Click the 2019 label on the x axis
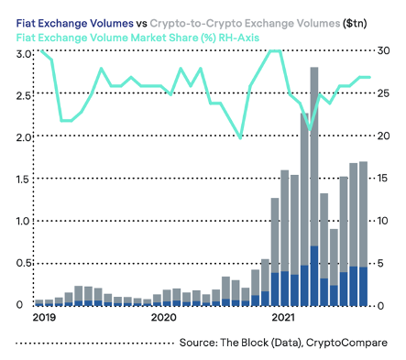tap(44, 317)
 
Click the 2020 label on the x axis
tap(163, 317)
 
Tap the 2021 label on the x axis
tap(283, 317)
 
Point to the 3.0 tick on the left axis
tap(24, 54)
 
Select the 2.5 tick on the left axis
tap(24, 95)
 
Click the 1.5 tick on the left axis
tap(24, 179)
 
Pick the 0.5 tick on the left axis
tap(24, 263)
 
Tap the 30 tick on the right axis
tap(383, 50)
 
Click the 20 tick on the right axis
tap(383, 136)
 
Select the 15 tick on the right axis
tap(383, 178)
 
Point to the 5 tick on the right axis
tap(380, 263)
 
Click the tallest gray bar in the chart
tap(314, 157)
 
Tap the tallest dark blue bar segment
tap(314, 276)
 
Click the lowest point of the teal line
tap(310, 129)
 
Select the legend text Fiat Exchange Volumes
tap(75, 24)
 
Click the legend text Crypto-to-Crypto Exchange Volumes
tap(245, 24)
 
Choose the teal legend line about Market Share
tap(137, 38)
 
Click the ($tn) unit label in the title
tap(355, 24)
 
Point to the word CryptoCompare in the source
tap(346, 343)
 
